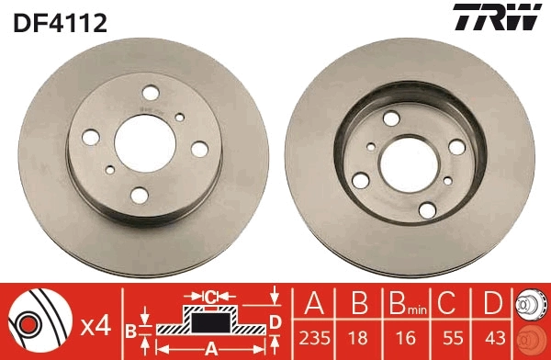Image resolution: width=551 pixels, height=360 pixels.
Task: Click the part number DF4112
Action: pos(62,21)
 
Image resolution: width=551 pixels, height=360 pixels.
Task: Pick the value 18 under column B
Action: pos(359,337)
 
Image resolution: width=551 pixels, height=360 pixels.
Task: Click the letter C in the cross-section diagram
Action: pos(211,297)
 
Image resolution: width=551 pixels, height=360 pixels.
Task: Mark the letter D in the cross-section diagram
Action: pos(275,321)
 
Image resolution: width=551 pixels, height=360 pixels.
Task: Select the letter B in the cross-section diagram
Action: pos(130,328)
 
